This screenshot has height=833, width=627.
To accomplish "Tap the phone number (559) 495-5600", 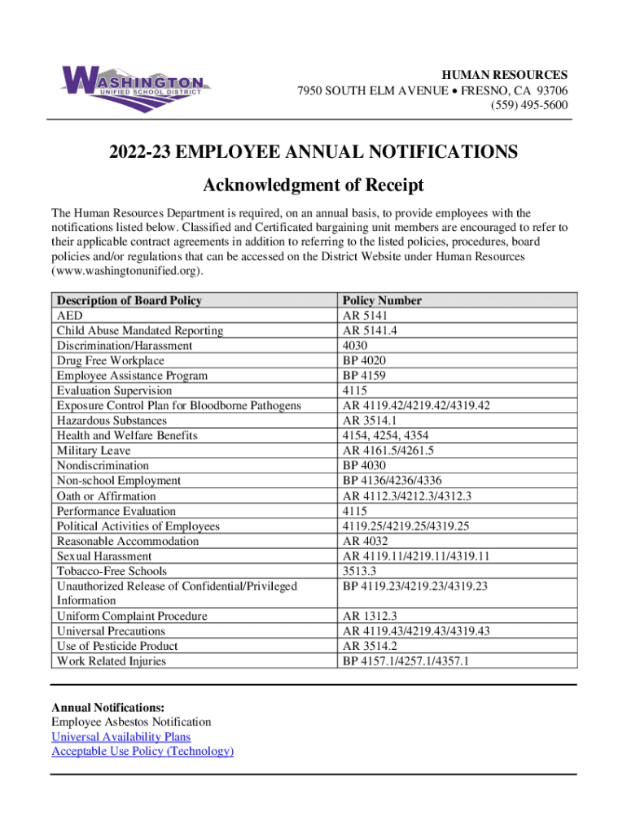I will click(528, 105).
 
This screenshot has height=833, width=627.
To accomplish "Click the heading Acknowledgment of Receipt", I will click(313, 185).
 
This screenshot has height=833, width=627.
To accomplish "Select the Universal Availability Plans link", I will click(121, 736).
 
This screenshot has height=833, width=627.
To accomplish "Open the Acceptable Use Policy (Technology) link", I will click(142, 751).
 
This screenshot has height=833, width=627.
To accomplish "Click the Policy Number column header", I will click(383, 300).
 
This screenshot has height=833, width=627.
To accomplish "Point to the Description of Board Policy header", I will click(129, 300).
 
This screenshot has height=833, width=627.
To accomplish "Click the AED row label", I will click(69, 316).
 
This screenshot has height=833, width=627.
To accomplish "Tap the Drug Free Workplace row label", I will click(110, 360).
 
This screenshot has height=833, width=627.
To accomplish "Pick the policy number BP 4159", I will click(365, 376).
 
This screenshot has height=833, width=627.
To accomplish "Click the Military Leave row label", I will click(94, 451).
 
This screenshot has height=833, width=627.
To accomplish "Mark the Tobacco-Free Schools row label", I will click(112, 571).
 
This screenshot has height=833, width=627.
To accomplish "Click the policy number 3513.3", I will click(359, 571).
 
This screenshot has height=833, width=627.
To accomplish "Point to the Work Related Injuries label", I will click(111, 661).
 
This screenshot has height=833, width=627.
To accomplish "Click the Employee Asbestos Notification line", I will click(131, 722).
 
